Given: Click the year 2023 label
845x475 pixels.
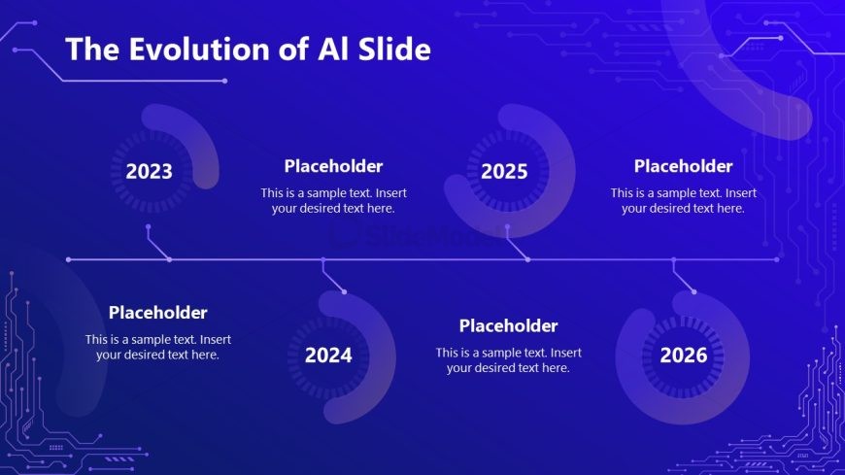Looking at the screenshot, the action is (149, 172).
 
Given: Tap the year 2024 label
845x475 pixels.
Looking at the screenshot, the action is (328, 356).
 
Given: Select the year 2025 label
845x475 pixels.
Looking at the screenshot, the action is (504, 172).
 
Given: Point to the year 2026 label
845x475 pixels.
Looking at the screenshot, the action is (684, 356).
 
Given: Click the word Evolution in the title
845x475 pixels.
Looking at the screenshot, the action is (199, 50).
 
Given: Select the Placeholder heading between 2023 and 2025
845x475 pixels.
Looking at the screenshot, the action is (333, 166).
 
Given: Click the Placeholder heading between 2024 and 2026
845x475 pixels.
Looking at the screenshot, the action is (508, 325).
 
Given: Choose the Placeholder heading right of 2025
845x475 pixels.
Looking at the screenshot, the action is (684, 166).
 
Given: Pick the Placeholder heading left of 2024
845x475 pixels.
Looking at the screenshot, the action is (158, 313).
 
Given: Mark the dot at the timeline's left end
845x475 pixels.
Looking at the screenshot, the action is (68, 260).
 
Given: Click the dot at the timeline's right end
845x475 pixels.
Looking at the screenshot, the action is (777, 260).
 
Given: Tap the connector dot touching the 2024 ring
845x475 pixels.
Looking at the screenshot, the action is (344, 291).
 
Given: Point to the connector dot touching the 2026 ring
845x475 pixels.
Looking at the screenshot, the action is (694, 291).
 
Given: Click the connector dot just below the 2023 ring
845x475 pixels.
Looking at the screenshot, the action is (149, 227).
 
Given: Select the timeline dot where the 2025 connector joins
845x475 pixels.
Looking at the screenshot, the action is (528, 260).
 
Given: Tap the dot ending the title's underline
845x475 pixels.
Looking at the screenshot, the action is (224, 81).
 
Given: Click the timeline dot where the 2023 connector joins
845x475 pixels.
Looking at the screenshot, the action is (170, 260).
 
